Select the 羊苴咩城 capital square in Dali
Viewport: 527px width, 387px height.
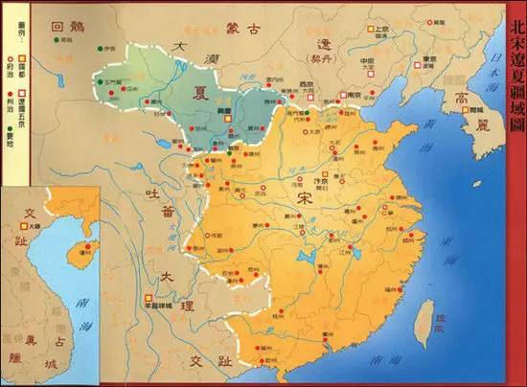point(149,296)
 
